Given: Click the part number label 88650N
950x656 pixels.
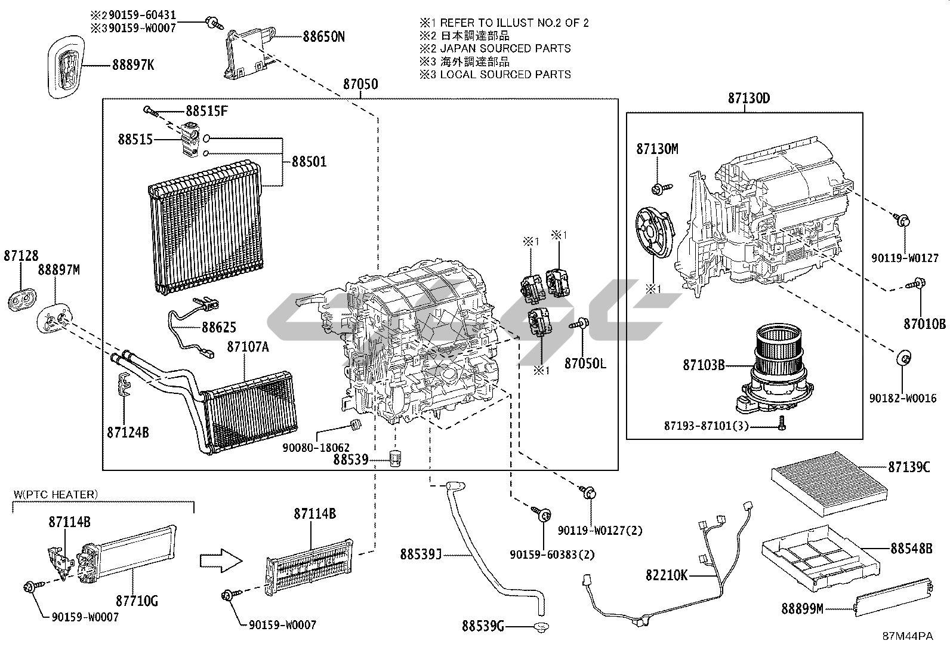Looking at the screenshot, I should click(323, 37).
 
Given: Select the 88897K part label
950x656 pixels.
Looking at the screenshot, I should click(132, 64).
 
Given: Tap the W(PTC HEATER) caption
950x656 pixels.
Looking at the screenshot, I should click(54, 494).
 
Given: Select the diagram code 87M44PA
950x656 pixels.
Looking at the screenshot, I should click(908, 636).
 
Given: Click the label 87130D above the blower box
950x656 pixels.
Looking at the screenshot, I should click(748, 99).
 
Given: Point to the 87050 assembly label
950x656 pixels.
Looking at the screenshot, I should click(360, 84).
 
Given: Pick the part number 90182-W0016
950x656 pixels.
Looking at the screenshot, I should click(903, 399).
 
